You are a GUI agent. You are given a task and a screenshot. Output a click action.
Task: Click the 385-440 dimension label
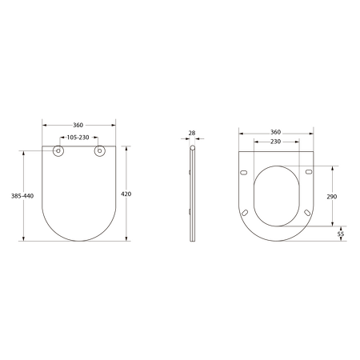tap(22, 196)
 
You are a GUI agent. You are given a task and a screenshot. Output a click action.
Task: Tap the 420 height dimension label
tap(126, 194)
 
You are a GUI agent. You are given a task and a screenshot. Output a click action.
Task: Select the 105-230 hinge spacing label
tap(78, 138)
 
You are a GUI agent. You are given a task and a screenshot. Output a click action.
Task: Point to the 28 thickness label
tap(192, 133)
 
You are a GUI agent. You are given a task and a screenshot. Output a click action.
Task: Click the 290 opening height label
tap(332, 197)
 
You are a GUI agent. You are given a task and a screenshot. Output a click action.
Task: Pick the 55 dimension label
tap(341, 234)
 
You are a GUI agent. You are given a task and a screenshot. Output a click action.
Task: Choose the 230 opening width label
tap(275, 142)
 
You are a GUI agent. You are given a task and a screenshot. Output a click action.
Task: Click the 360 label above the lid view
tap(78, 125)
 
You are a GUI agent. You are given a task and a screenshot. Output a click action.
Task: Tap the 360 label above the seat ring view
tap(276, 132)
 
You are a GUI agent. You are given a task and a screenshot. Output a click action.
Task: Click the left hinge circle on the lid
tap(58, 151)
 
